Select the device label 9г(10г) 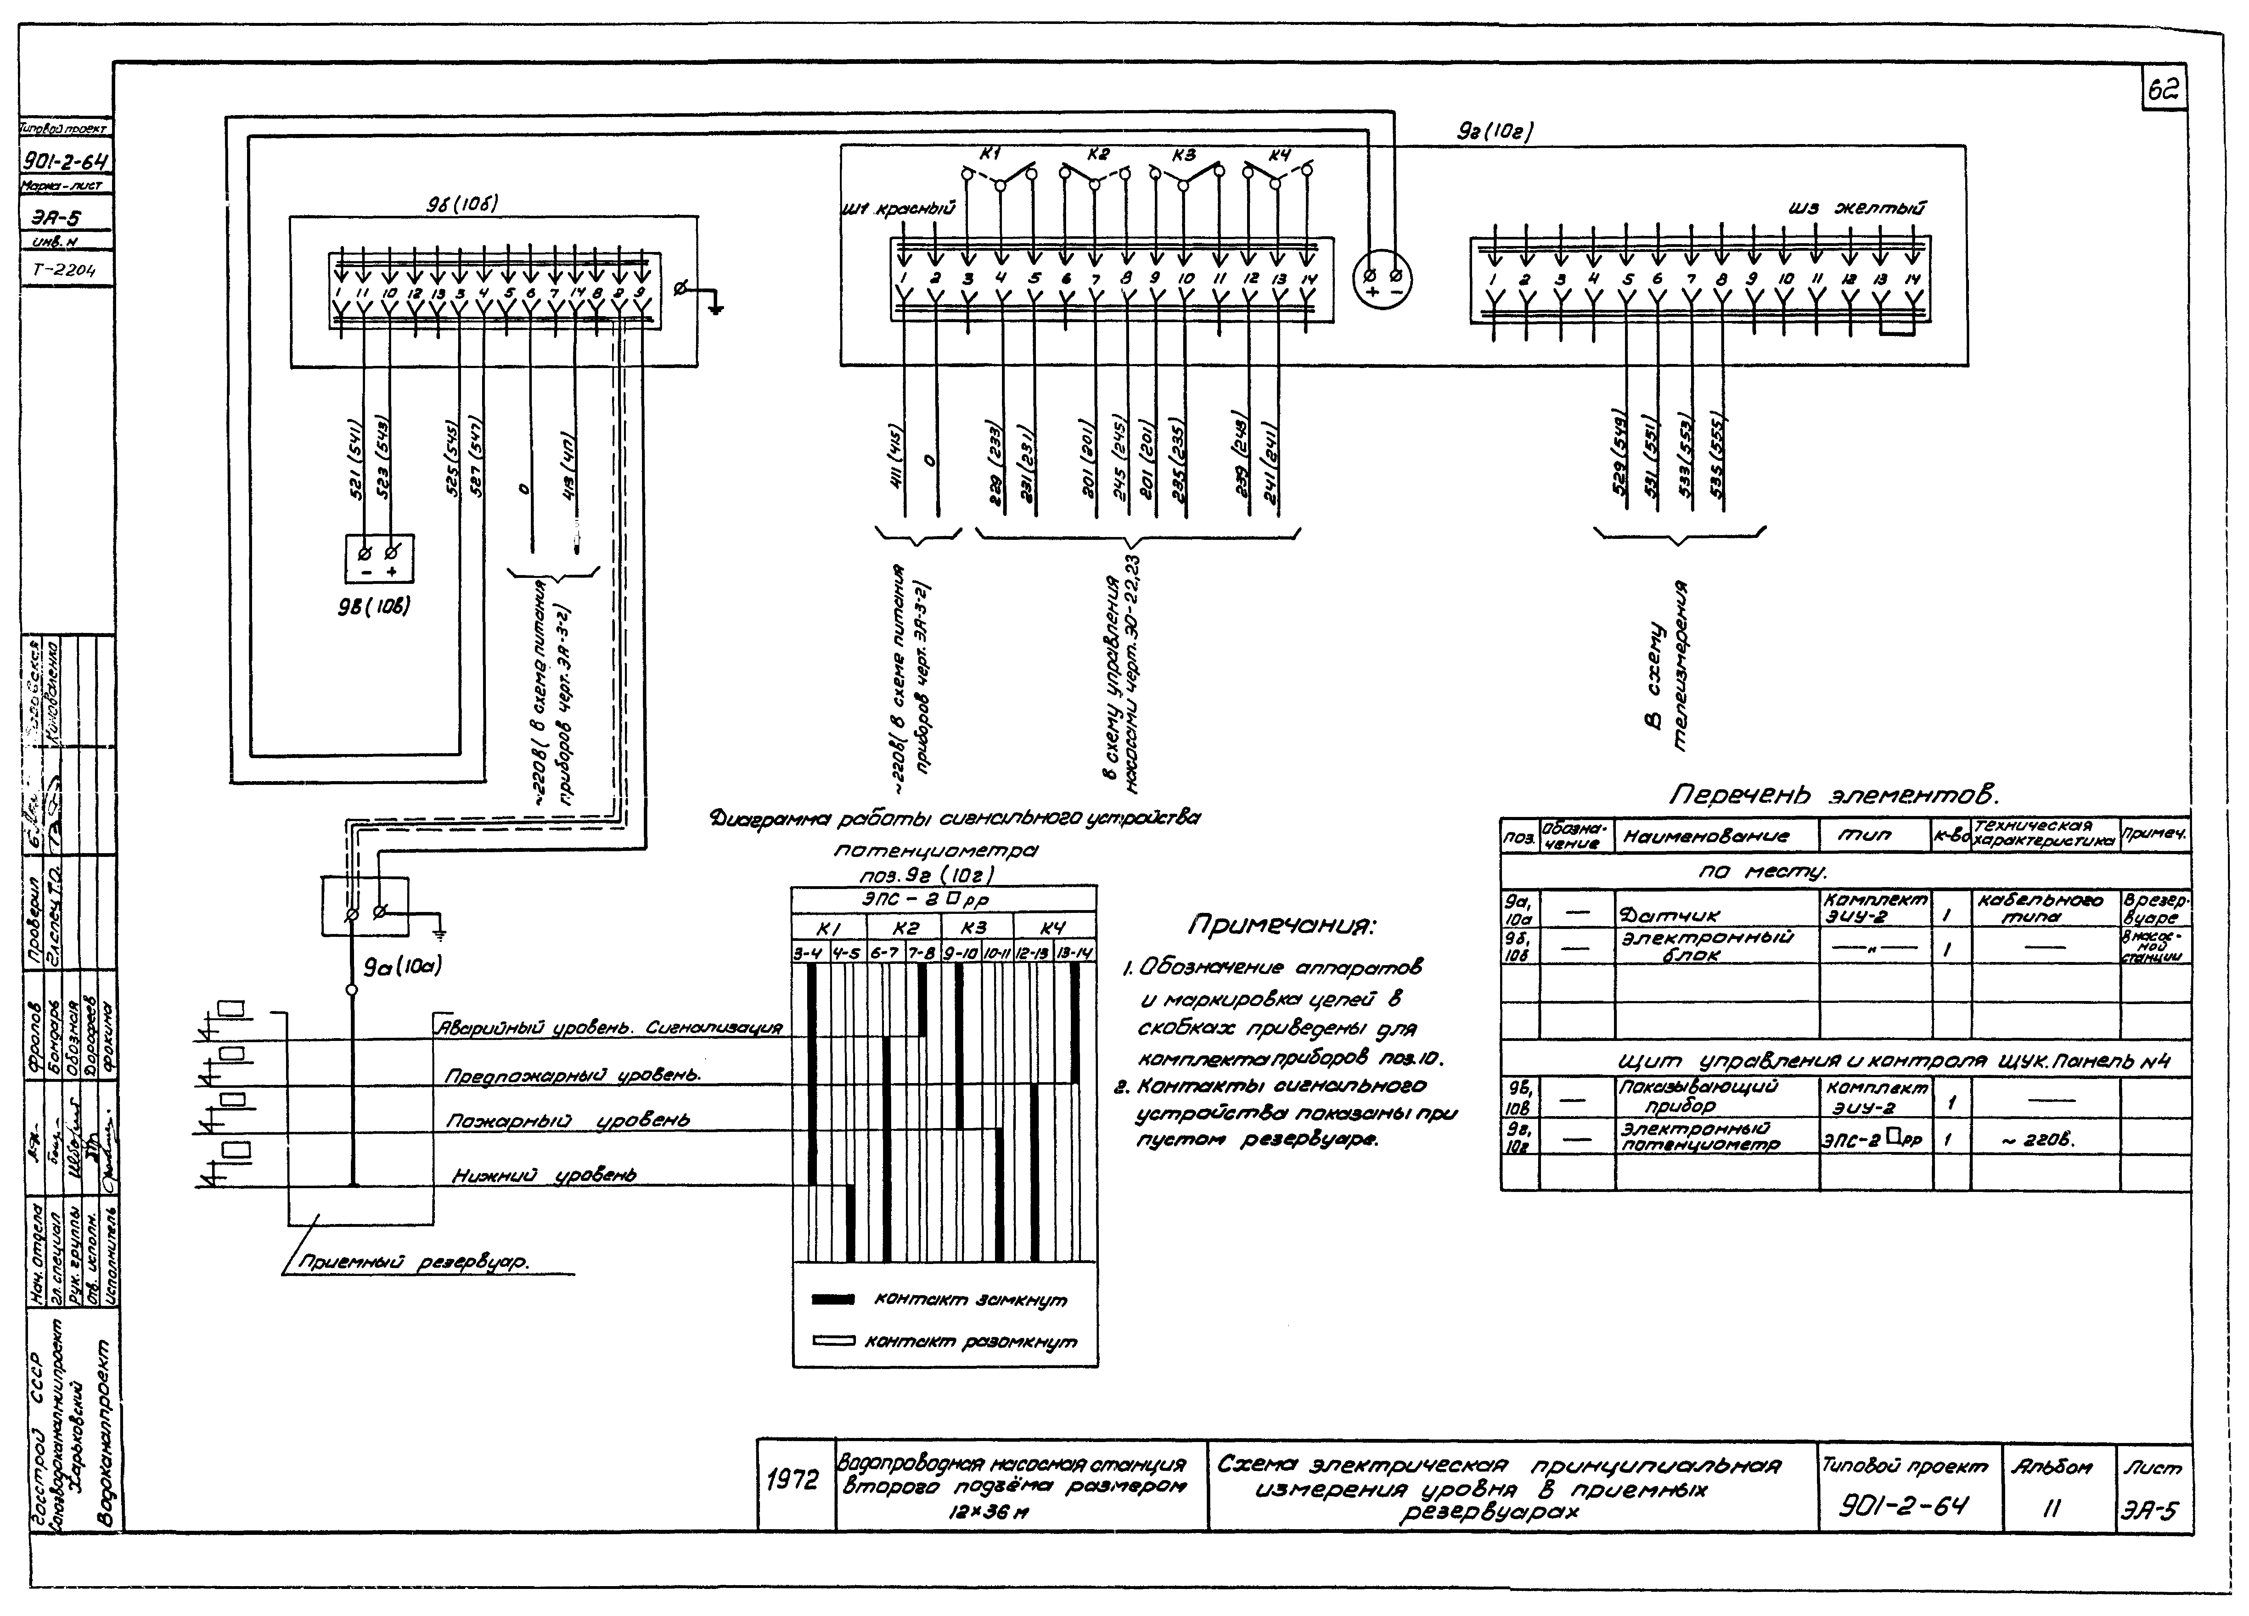[1496, 131]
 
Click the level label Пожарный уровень [567, 1120]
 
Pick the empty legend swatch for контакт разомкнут [833, 1341]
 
